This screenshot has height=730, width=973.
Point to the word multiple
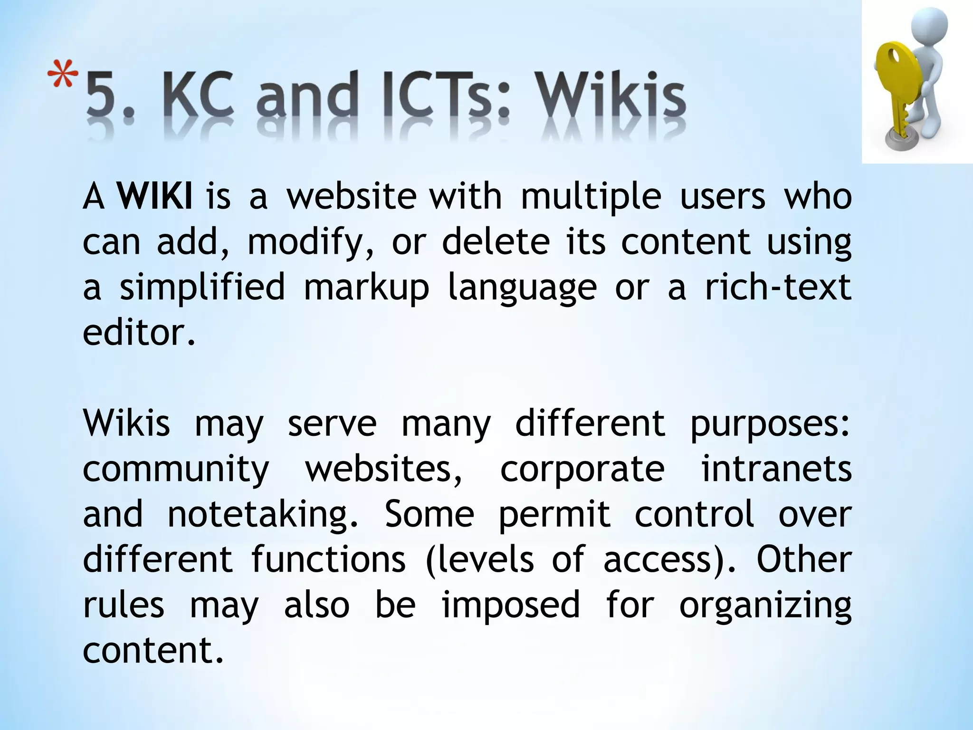591,197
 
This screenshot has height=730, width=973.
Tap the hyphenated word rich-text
778,287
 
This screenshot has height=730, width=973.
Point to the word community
176,470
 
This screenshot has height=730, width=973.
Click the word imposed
511,605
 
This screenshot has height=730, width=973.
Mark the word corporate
582,470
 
